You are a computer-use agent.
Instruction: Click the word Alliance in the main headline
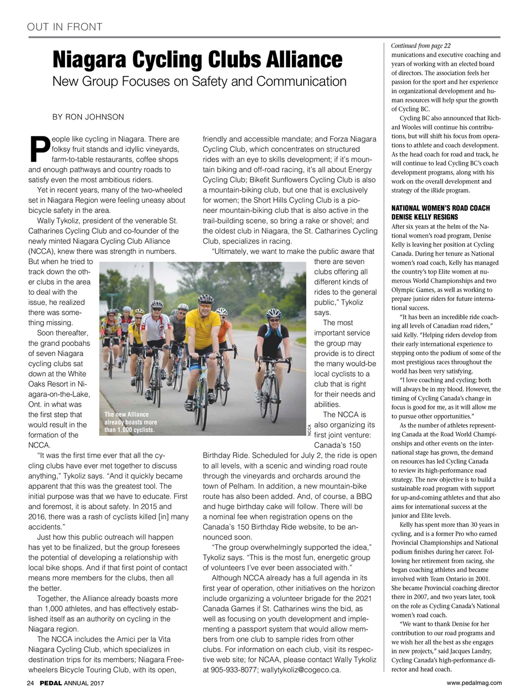(300, 60)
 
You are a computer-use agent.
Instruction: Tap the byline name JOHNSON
(105, 117)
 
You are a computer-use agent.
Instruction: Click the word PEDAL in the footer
(50, 683)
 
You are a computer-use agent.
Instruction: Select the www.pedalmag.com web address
(474, 683)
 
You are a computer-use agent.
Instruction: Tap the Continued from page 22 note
(421, 46)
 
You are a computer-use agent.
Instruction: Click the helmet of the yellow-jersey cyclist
(205, 299)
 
